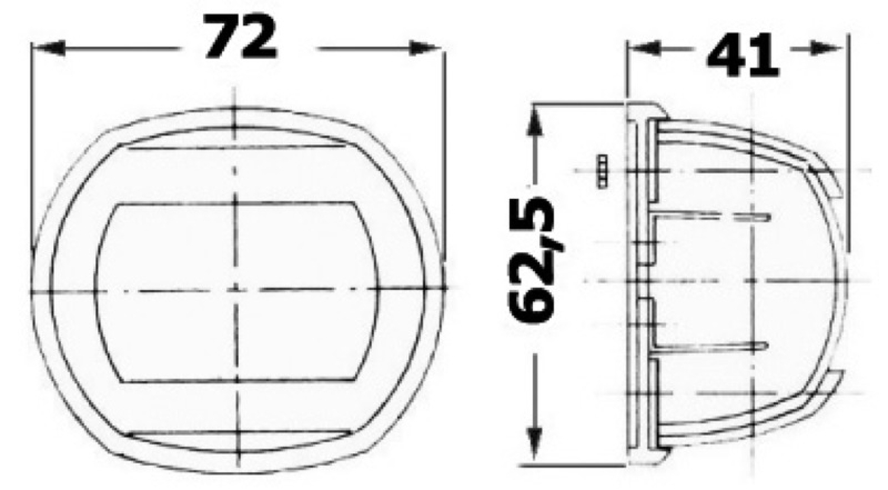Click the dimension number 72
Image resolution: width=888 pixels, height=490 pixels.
pyautogui.click(x=240, y=37)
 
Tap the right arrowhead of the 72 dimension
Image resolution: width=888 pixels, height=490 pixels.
pyautogui.click(x=424, y=49)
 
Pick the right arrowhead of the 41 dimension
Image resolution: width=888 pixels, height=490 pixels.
pyautogui.click(x=829, y=49)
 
